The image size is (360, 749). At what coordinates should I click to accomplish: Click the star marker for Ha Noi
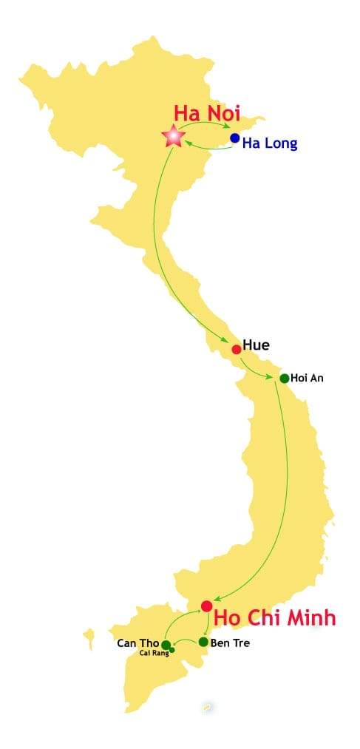tap(173, 136)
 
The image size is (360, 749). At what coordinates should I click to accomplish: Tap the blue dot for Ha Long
tap(234, 138)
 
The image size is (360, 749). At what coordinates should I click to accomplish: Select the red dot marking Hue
tap(236, 349)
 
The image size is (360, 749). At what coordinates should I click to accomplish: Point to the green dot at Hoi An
tap(284, 379)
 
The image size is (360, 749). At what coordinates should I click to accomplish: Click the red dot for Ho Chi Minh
tap(206, 606)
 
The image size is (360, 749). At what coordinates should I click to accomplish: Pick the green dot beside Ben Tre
tap(203, 642)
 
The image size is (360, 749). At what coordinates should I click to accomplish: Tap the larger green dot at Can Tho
tap(166, 644)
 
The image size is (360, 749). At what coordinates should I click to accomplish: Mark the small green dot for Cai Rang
tap(172, 650)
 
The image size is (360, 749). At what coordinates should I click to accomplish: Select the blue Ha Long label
tap(270, 144)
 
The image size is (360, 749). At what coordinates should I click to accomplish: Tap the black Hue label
tap(256, 345)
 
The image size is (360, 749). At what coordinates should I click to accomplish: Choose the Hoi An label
tap(308, 378)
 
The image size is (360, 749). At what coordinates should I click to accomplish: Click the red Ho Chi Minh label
tap(275, 618)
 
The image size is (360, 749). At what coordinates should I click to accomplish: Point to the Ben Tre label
tap(230, 643)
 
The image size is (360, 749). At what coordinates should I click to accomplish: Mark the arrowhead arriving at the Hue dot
tap(226, 339)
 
